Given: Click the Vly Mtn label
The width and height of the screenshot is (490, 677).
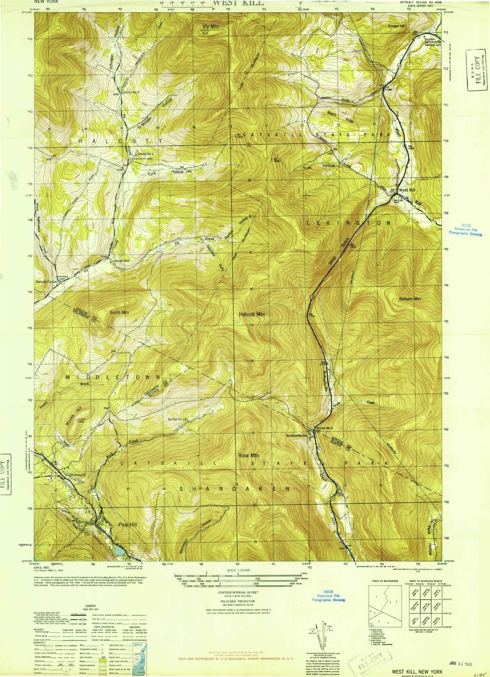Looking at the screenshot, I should pos(211,26).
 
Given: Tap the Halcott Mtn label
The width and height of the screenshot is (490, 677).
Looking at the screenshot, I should pos(252,314).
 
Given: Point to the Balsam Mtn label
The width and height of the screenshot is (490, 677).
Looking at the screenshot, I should pos(410,299).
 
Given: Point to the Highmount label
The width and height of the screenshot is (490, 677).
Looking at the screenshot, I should pos(75,475).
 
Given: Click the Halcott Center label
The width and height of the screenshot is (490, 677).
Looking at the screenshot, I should pos(46,281).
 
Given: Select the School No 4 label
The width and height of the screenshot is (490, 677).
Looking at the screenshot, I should pos(131,92).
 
